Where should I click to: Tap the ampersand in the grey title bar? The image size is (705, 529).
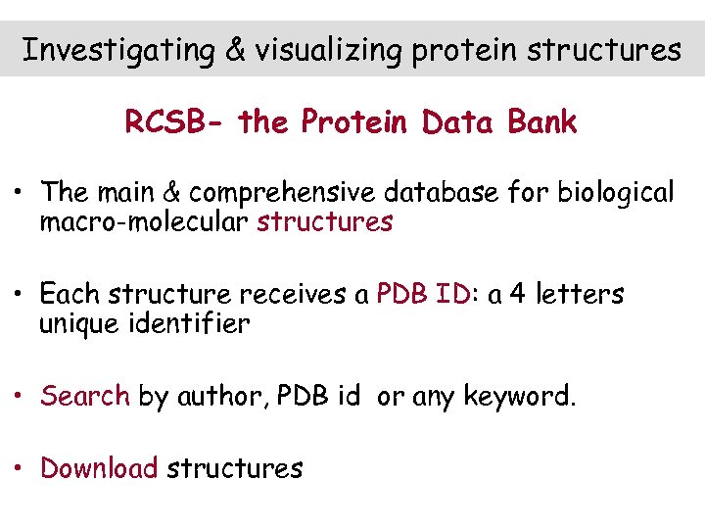[x=236, y=50]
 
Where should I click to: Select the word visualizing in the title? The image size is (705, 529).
[x=329, y=50]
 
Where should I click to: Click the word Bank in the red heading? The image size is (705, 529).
[x=541, y=122]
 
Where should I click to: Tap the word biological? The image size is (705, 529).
[x=616, y=193]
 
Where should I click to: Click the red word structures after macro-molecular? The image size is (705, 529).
[x=324, y=222]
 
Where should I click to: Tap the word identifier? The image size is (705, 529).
[x=192, y=323]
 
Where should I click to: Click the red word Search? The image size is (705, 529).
[x=85, y=396]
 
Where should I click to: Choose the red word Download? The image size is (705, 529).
[x=99, y=468]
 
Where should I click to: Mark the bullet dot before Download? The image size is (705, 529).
[x=19, y=469]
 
